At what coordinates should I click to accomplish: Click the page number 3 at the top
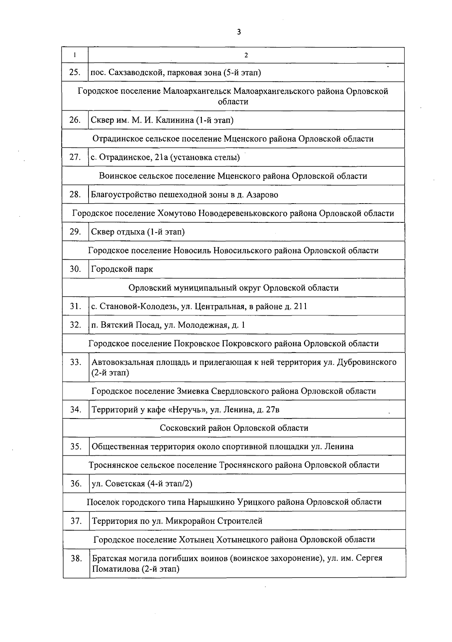(x=239, y=32)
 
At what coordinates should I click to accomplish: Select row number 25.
(x=75, y=72)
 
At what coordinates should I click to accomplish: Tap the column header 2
(x=246, y=55)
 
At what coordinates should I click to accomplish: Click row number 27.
(x=75, y=157)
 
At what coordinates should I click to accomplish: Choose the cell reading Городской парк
(x=122, y=269)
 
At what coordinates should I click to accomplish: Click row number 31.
(x=75, y=306)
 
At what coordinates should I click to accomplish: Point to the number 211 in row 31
(x=300, y=306)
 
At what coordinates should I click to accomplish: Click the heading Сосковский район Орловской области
(x=234, y=428)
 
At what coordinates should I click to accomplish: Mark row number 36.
(x=76, y=484)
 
